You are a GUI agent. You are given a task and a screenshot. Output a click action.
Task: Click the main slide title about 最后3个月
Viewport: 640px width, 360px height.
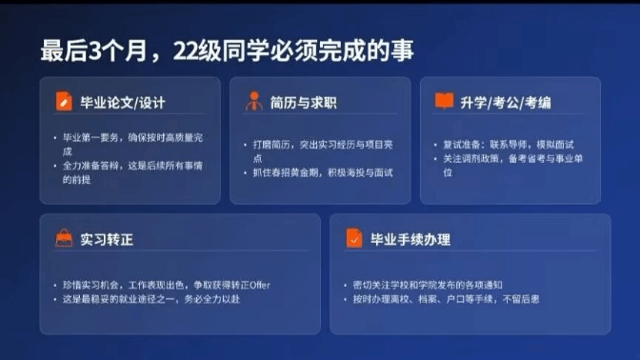click(227, 50)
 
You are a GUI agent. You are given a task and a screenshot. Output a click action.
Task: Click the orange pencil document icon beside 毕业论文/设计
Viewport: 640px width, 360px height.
click(64, 101)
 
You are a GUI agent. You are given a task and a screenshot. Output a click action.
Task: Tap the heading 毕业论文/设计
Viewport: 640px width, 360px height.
click(123, 103)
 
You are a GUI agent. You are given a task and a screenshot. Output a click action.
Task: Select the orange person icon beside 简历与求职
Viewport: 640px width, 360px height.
click(254, 101)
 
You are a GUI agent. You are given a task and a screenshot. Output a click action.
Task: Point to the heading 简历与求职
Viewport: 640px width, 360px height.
click(303, 103)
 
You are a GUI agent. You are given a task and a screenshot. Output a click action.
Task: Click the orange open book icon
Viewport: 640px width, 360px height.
click(444, 101)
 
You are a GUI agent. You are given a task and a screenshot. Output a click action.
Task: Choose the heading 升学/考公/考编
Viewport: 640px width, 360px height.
click(506, 103)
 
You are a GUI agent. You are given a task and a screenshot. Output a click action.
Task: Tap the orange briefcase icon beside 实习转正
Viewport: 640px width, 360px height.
click(64, 238)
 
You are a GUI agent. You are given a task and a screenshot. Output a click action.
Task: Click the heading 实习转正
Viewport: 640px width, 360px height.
click(107, 240)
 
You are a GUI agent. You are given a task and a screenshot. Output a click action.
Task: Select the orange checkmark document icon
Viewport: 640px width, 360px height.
click(354, 238)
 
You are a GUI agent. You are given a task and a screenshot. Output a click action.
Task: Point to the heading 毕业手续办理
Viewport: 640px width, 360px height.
click(410, 240)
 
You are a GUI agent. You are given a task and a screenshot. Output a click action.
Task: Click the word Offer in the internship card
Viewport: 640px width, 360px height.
click(260, 285)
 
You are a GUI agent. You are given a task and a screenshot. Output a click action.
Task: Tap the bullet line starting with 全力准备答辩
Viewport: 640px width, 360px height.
click(132, 172)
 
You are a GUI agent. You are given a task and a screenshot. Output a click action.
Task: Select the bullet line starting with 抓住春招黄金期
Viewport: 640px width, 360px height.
click(323, 172)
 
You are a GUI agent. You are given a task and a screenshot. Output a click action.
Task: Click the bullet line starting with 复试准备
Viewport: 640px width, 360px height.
click(509, 145)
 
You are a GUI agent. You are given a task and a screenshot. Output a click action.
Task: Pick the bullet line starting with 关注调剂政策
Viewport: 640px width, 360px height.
click(512, 166)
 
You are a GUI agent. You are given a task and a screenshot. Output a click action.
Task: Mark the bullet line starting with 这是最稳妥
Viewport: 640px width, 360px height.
click(151, 299)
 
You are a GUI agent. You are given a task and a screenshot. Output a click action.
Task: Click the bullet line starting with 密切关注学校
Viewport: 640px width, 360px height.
click(428, 285)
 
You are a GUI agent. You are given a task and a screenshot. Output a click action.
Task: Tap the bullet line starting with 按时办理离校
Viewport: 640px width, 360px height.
click(446, 299)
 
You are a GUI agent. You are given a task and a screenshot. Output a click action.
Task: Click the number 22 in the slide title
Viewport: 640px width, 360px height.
click(186, 51)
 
